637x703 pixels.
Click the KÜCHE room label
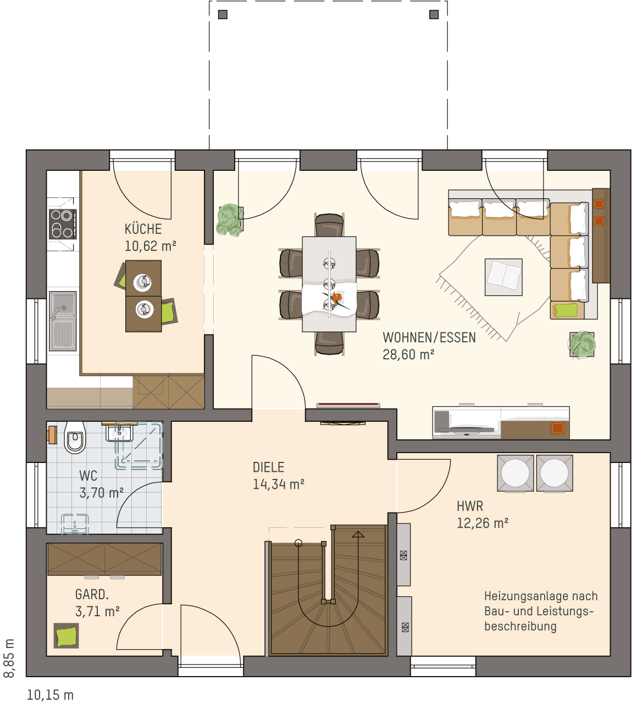click(143, 229)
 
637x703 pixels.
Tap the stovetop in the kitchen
click(63, 224)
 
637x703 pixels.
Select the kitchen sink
click(63, 321)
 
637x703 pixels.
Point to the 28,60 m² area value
click(408, 355)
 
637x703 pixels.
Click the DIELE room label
click(268, 467)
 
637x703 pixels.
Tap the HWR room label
click(470, 506)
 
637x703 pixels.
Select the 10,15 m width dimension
click(50, 695)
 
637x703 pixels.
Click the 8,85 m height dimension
click(9, 658)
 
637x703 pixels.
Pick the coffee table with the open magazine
click(503, 277)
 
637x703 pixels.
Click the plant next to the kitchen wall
click(229, 219)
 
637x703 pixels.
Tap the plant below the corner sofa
click(581, 344)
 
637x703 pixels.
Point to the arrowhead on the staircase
click(358, 534)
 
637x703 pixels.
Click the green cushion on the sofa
click(566, 310)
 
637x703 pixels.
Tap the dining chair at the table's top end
click(329, 225)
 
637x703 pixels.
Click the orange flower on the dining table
click(337, 298)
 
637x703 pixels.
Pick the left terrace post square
click(223, 14)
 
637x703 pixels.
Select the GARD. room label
click(92, 594)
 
